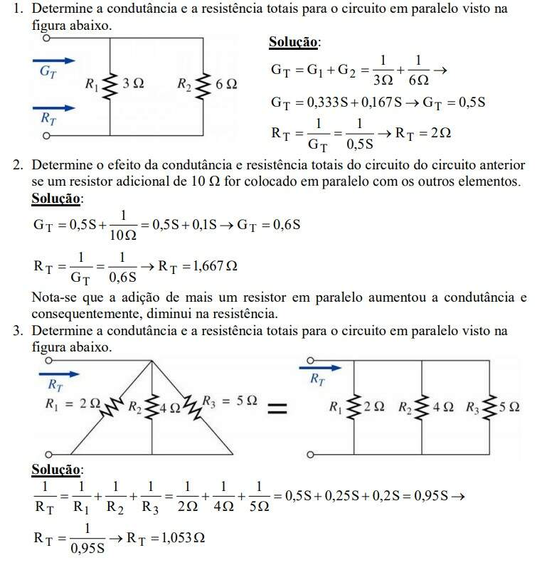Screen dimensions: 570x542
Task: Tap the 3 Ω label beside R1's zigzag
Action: click(133, 85)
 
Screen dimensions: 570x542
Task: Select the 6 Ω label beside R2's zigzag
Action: click(225, 85)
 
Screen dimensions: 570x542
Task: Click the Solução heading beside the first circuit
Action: click(293, 43)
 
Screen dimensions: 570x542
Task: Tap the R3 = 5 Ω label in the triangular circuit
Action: click(230, 401)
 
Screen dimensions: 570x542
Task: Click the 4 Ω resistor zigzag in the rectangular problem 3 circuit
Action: click(422, 408)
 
